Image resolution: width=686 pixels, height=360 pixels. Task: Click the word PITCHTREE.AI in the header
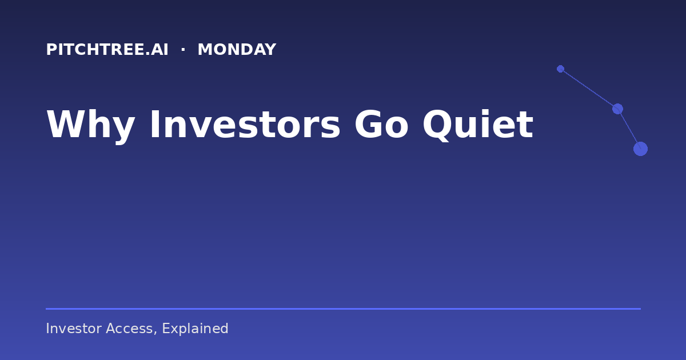pyautogui.click(x=107, y=50)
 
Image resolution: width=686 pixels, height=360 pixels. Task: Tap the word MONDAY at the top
pyautogui.click(x=237, y=50)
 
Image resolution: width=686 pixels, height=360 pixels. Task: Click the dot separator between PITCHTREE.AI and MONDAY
pyautogui.click(x=183, y=50)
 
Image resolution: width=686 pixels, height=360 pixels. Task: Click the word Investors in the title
pyautogui.click(x=245, y=125)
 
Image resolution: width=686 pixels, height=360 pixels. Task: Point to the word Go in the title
pyautogui.click(x=382, y=125)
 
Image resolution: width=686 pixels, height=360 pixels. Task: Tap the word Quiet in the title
pyautogui.click(x=478, y=125)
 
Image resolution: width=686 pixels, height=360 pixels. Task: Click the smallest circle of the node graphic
pyautogui.click(x=560, y=69)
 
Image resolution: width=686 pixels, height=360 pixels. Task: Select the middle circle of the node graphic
pyautogui.click(x=617, y=109)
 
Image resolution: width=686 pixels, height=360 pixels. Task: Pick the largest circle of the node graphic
pyautogui.click(x=640, y=149)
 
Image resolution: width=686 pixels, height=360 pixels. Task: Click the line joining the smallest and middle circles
pyautogui.click(x=589, y=89)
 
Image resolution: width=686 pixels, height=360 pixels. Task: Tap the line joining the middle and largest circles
pyautogui.click(x=629, y=129)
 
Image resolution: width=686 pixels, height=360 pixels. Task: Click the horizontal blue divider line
pyautogui.click(x=344, y=309)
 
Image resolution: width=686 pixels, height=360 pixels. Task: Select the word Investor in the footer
pyautogui.click(x=74, y=329)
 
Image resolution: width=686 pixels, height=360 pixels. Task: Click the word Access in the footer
pyautogui.click(x=129, y=329)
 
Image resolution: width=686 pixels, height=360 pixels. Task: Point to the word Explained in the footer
pyautogui.click(x=195, y=329)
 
